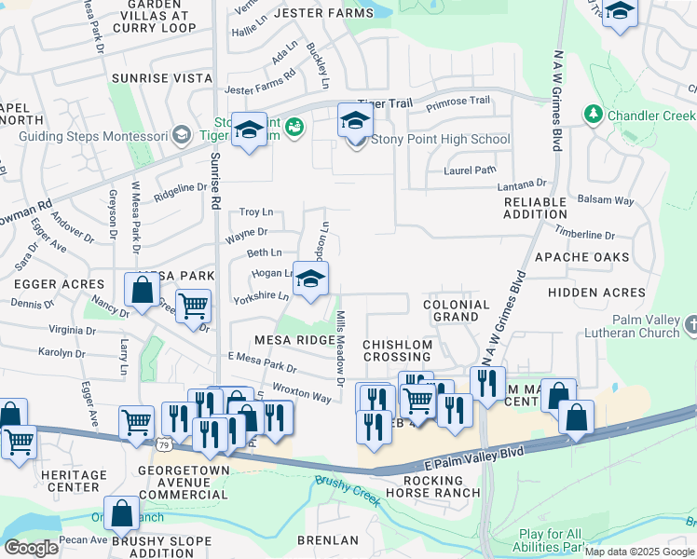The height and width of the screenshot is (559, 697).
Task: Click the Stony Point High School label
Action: pyautogui.click(x=440, y=140)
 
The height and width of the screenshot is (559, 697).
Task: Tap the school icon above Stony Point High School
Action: pyautogui.click(x=354, y=121)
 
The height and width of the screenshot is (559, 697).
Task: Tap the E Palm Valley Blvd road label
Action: pyautogui.click(x=475, y=454)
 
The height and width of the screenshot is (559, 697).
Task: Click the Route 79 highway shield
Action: pyautogui.click(x=164, y=443)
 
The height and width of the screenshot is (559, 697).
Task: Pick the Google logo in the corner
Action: pyautogui.click(x=31, y=548)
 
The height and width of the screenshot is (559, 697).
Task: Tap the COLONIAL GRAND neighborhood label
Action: pyautogui.click(x=457, y=311)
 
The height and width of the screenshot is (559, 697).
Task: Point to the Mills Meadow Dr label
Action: pyautogui.click(x=340, y=345)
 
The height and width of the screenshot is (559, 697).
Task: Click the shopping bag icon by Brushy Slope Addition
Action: pyautogui.click(x=122, y=513)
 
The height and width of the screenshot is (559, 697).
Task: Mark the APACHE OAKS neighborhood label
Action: pyautogui.click(x=581, y=256)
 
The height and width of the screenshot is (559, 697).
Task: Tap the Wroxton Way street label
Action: pyautogui.click(x=301, y=391)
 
